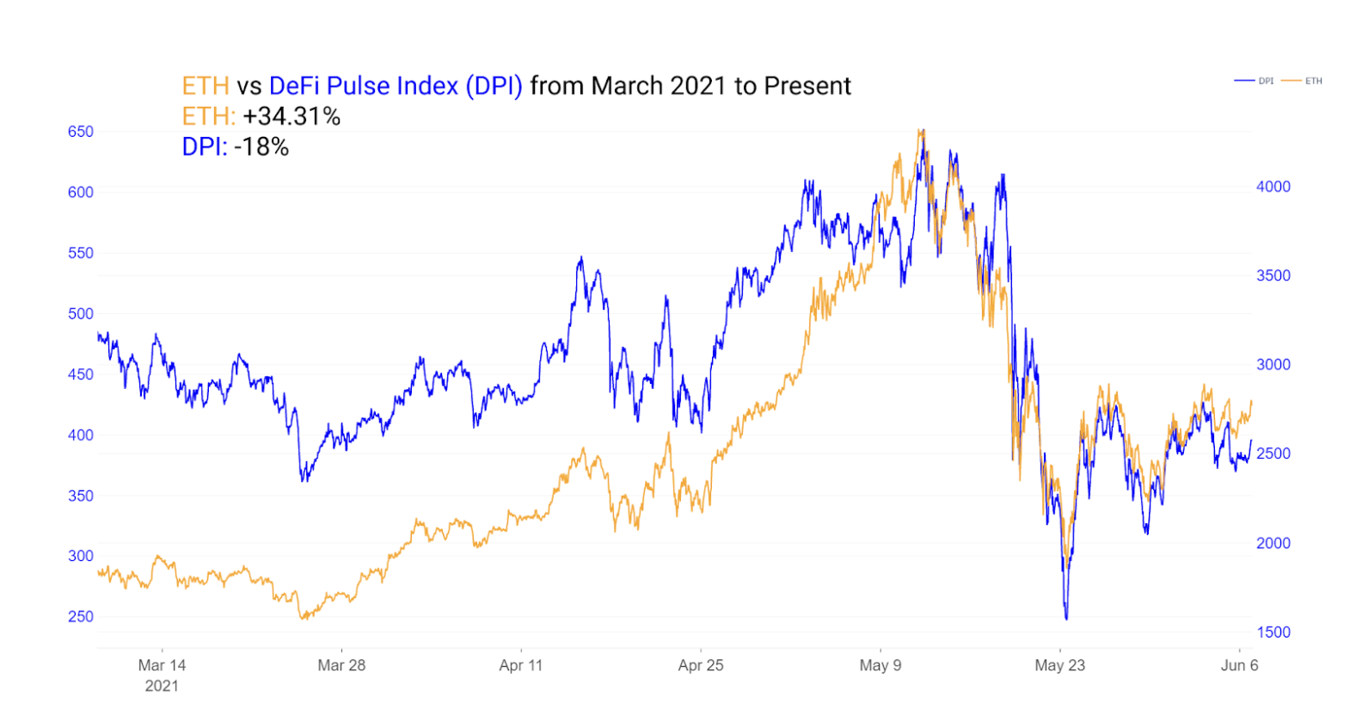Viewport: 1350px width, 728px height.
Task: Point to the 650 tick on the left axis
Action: pyautogui.click(x=80, y=132)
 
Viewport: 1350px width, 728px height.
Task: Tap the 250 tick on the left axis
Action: pyautogui.click(x=80, y=616)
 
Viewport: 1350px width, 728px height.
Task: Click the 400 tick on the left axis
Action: pyautogui.click(x=80, y=435)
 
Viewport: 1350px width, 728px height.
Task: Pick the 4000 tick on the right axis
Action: pyautogui.click(x=1273, y=187)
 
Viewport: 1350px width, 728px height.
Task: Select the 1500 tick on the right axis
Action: pyautogui.click(x=1273, y=632)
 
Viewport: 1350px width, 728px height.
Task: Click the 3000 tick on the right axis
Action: pyautogui.click(x=1273, y=364)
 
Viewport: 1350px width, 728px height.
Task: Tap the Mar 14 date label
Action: pyautogui.click(x=162, y=665)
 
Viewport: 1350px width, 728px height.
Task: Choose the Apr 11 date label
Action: pyautogui.click(x=521, y=665)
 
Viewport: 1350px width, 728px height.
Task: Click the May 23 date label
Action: pyautogui.click(x=1059, y=665)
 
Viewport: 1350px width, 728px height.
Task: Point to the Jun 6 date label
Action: pyautogui.click(x=1239, y=665)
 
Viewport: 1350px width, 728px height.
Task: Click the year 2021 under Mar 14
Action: pyautogui.click(x=162, y=686)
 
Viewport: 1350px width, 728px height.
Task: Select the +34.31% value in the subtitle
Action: pyautogui.click(x=291, y=116)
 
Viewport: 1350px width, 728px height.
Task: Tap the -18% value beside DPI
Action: pyautogui.click(x=261, y=147)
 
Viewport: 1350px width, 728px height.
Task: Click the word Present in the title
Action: pyautogui.click(x=807, y=86)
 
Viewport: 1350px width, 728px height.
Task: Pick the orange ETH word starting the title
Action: pyautogui.click(x=206, y=86)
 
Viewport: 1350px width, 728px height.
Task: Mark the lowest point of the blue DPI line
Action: pyautogui.click(x=1066, y=619)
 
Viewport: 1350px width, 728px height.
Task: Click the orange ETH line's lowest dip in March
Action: pyautogui.click(x=303, y=618)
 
